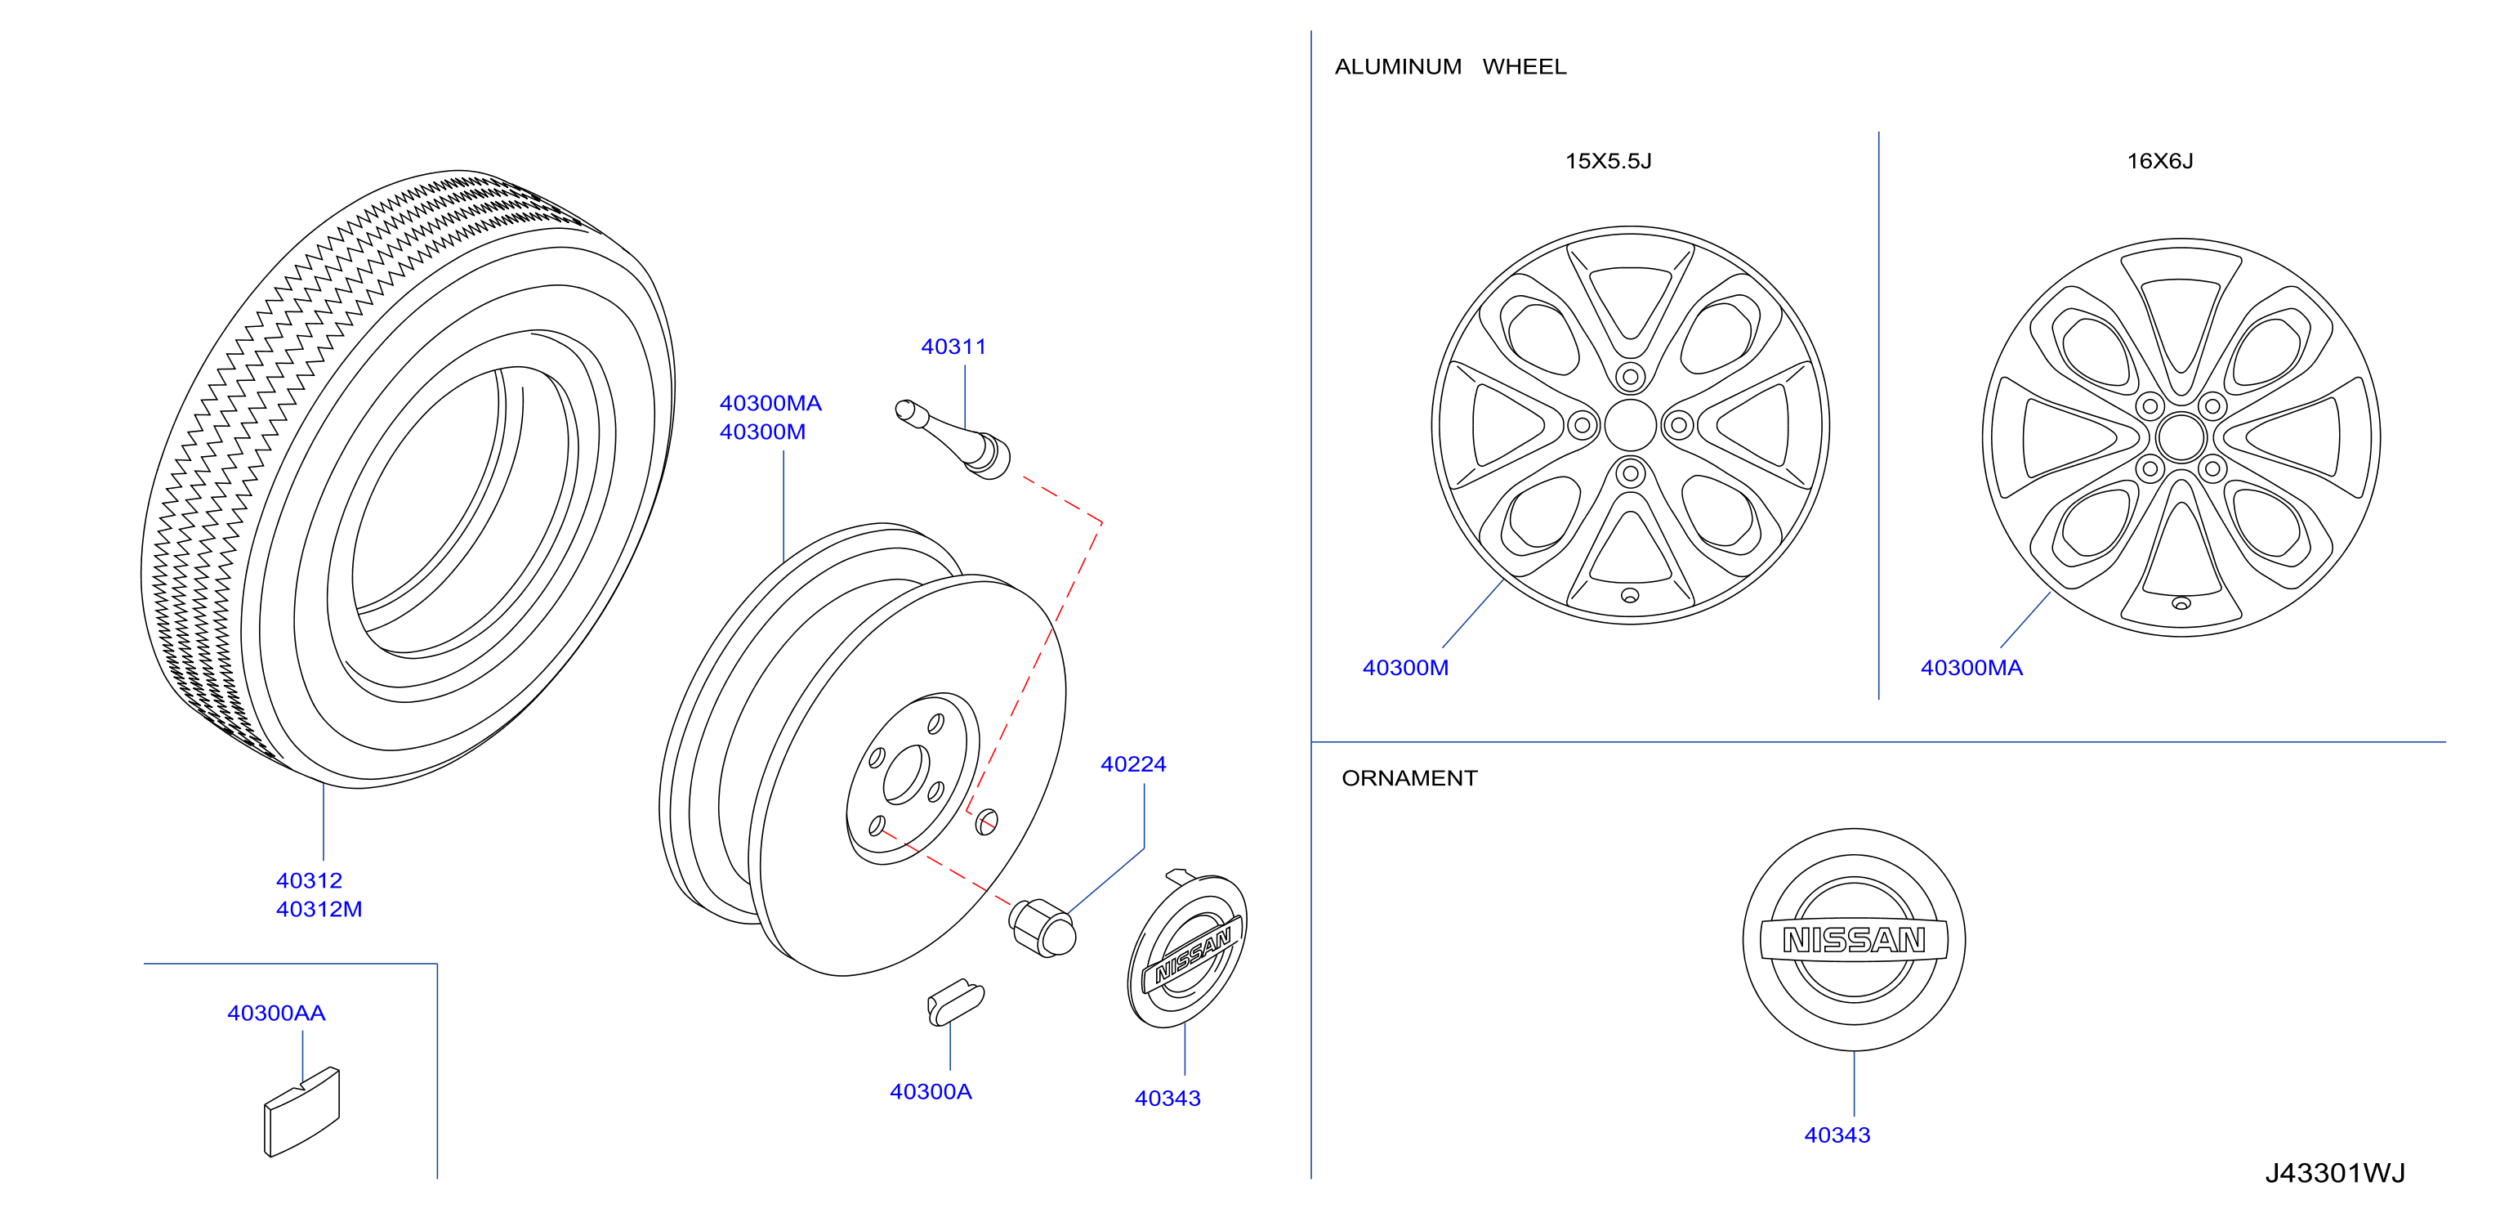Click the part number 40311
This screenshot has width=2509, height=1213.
coord(953,347)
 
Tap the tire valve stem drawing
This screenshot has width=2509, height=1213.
coord(953,440)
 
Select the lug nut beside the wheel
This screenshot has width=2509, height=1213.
coord(1042,929)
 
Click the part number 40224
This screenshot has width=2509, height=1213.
coord(1132,765)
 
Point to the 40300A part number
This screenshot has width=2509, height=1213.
coord(931,1092)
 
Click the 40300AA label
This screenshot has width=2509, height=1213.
coord(275,1014)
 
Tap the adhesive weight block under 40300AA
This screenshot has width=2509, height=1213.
coord(302,1112)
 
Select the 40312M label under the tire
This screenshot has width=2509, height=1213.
coord(319,909)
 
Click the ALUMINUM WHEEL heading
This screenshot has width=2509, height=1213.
coord(1450,67)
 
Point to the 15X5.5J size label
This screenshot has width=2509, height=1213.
coord(1608,162)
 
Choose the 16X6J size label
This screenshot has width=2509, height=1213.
coord(2159,162)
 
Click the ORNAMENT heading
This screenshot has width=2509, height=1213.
coord(1409,778)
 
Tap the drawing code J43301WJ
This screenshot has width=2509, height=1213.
coord(2335,1173)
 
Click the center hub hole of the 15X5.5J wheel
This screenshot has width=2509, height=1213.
coord(1629,426)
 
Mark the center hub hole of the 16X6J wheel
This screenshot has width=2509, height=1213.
coord(2181,437)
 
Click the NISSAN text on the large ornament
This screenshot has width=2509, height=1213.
coord(1854,940)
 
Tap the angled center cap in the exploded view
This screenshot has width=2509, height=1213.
coord(1187,949)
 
